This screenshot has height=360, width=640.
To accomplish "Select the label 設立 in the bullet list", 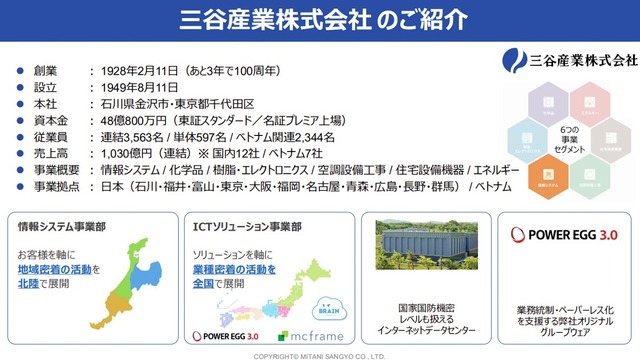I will coord(43,87).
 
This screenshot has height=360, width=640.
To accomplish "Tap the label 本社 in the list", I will coord(43,103).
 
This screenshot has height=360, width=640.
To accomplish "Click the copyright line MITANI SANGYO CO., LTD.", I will coord(319,355).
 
